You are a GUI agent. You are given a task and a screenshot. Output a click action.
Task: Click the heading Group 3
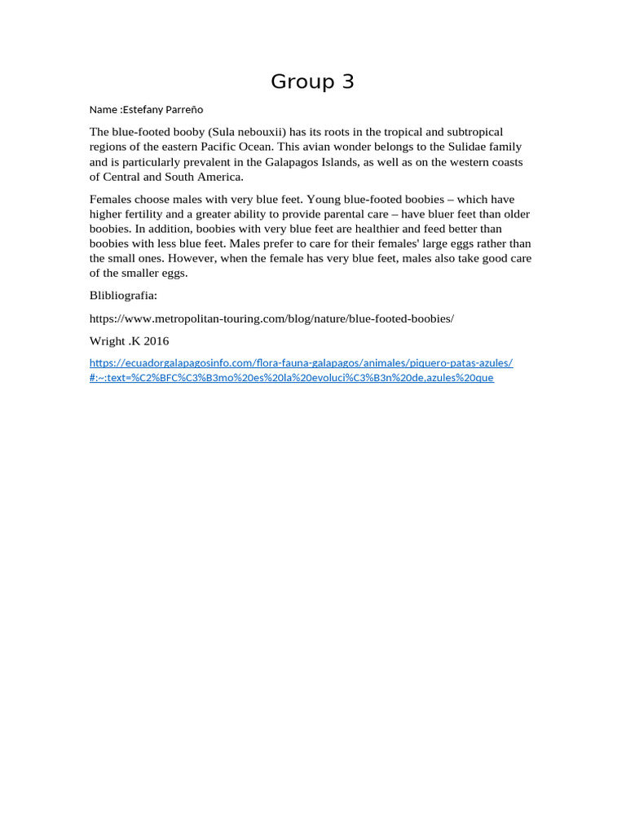pos(312,81)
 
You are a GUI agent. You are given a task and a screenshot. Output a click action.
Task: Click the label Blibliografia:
pos(123,296)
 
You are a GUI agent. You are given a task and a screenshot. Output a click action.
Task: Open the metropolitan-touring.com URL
pos(271,318)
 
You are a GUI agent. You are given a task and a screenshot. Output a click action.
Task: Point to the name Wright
pos(108,341)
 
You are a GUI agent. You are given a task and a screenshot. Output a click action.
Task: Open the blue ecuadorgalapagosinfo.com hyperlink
pos(301,363)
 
